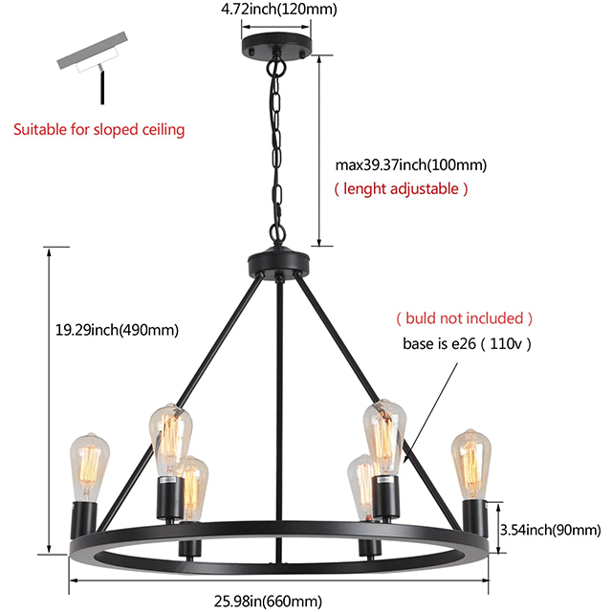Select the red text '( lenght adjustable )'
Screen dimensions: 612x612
tap(401, 188)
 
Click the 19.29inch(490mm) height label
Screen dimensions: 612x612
tap(118, 330)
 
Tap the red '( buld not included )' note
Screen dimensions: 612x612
tap(465, 317)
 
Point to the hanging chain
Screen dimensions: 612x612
tap(276, 153)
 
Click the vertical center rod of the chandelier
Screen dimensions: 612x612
tap(276, 402)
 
